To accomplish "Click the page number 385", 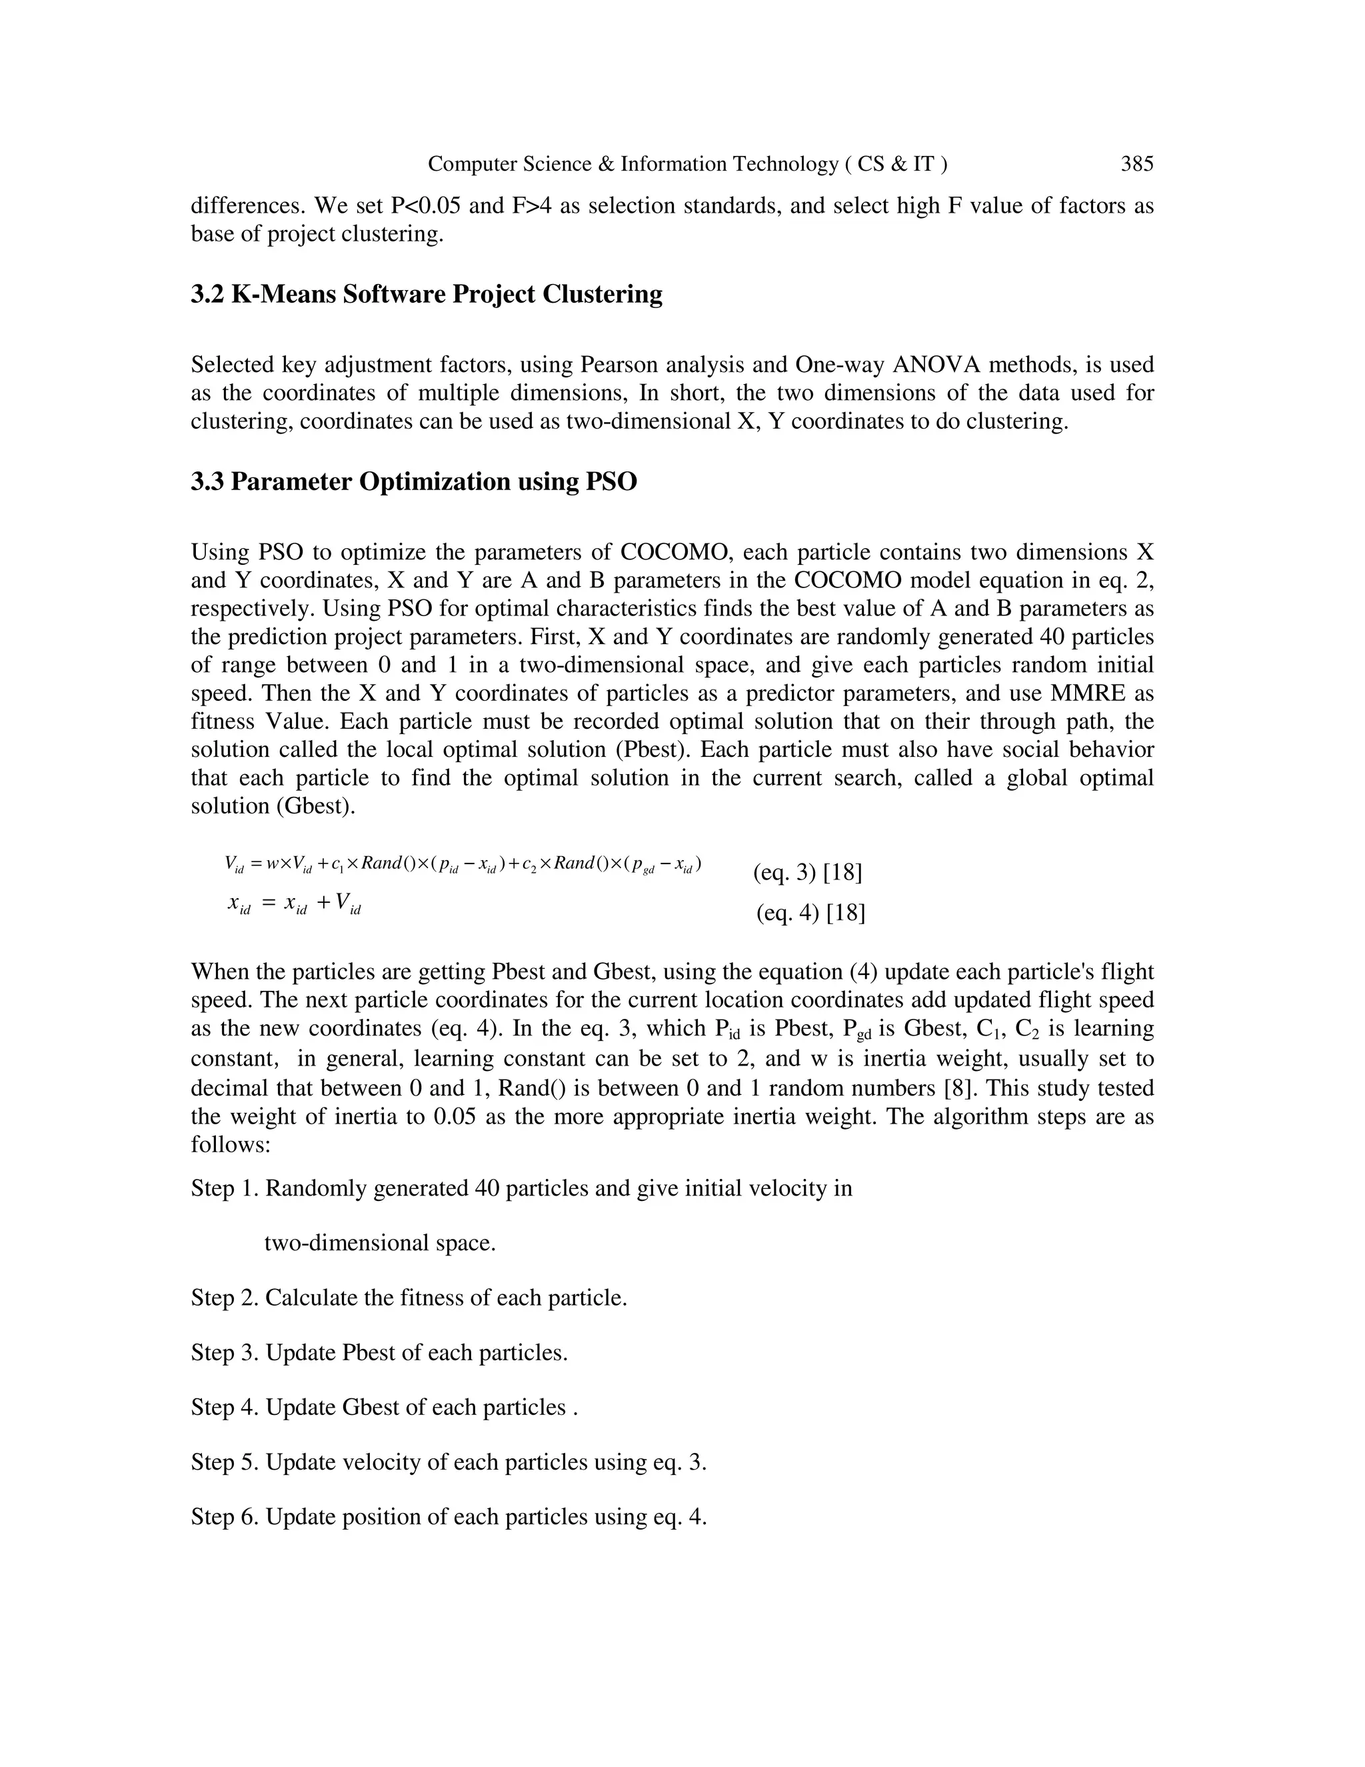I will (1136, 164).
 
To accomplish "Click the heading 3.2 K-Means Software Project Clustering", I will (426, 293).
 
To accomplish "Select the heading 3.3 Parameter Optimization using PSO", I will (413, 481).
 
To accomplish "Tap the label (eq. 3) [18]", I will (807, 872).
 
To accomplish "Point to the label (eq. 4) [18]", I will (810, 913).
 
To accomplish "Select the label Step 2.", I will (224, 1298).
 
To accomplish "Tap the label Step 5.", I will (224, 1463).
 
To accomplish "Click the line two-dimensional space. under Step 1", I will (380, 1244).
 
